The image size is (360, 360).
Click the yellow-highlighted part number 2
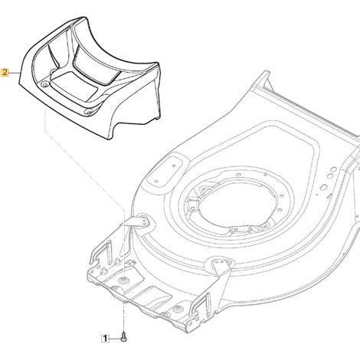[x=5, y=73]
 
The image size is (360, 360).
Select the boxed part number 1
[x=105, y=339]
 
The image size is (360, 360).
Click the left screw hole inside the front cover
[x=45, y=83]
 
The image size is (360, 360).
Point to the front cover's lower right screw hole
[x=89, y=112]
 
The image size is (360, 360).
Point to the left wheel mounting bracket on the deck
[x=139, y=221]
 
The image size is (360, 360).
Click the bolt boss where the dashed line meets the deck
[x=124, y=280]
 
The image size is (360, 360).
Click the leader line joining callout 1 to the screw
[x=115, y=339]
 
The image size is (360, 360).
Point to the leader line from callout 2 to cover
[x=15, y=73]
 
